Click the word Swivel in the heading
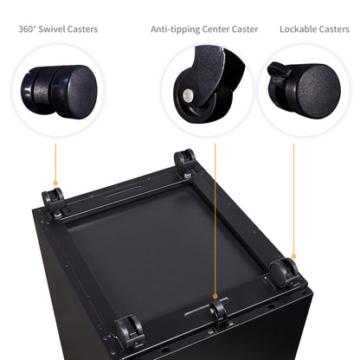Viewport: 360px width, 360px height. click(x=52, y=29)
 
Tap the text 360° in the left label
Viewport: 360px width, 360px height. click(x=27, y=29)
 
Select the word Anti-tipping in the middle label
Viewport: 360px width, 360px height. click(x=175, y=29)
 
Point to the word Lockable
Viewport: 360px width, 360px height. click(x=298, y=29)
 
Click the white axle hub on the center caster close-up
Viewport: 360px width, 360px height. click(x=188, y=95)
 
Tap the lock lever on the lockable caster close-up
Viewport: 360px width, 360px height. click(x=276, y=69)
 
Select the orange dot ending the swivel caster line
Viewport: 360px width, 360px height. click(x=55, y=183)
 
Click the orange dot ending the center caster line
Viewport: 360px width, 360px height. click(x=215, y=296)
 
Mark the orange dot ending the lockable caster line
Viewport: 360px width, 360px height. click(x=293, y=256)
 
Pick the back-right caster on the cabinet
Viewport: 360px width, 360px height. click(x=185, y=161)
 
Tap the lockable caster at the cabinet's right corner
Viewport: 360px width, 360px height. click(x=284, y=272)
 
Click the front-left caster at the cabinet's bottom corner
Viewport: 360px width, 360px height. click(x=129, y=331)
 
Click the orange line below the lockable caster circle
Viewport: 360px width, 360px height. click(x=293, y=199)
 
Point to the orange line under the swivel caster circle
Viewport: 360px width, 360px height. click(x=55, y=163)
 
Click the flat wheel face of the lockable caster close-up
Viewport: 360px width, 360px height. click(x=318, y=92)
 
